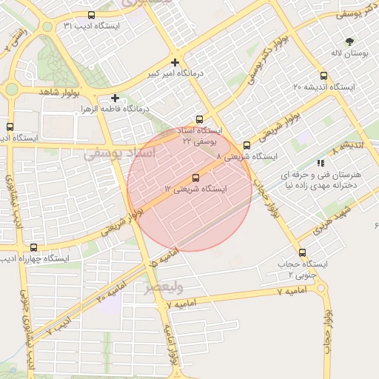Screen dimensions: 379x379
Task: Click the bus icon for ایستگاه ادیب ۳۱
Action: (x=91, y=15)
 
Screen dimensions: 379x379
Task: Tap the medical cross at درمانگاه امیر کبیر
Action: (x=175, y=63)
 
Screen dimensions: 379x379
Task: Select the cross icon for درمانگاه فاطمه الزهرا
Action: (x=115, y=98)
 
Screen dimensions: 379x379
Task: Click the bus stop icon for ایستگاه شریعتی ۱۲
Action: (x=195, y=178)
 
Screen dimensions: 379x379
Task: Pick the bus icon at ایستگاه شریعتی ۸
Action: (x=246, y=146)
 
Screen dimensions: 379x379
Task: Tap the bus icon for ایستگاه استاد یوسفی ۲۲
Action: (x=199, y=119)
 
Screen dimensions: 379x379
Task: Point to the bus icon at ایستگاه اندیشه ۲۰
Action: (x=323, y=76)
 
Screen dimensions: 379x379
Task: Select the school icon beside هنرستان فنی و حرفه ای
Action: (x=320, y=162)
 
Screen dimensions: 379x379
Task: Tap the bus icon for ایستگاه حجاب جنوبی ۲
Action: (x=301, y=252)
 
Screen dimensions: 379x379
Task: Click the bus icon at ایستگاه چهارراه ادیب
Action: (x=33, y=247)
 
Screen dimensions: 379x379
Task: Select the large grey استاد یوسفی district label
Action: (x=118, y=154)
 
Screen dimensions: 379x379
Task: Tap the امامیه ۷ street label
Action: (x=271, y=292)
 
